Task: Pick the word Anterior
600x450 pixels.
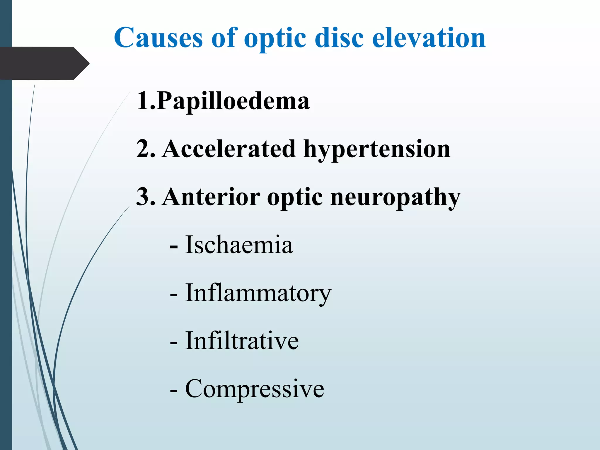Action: click(x=211, y=197)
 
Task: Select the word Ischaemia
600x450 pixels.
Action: click(x=239, y=245)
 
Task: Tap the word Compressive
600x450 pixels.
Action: click(x=255, y=389)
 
